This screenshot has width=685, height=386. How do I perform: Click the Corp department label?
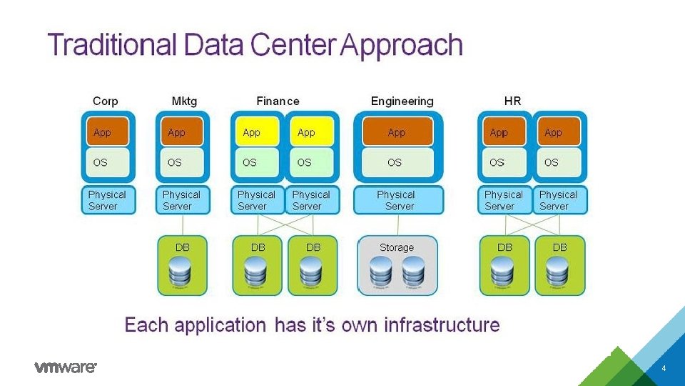point(106,102)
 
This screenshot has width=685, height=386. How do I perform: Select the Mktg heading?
point(184,102)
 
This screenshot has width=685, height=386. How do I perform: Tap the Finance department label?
point(278,102)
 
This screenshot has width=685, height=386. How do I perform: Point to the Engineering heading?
point(402,102)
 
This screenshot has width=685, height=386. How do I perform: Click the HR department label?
point(512,102)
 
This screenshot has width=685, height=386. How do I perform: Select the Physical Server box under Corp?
point(106,200)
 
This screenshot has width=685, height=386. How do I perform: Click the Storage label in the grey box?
point(397,247)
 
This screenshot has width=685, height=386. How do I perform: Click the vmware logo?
point(65,367)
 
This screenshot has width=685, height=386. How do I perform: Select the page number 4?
point(664,368)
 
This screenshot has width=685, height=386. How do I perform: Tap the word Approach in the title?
point(402,46)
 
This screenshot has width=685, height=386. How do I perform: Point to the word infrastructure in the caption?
point(442,325)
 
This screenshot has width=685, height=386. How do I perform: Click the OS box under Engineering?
point(395,162)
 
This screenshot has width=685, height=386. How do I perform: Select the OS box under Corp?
point(107,162)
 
